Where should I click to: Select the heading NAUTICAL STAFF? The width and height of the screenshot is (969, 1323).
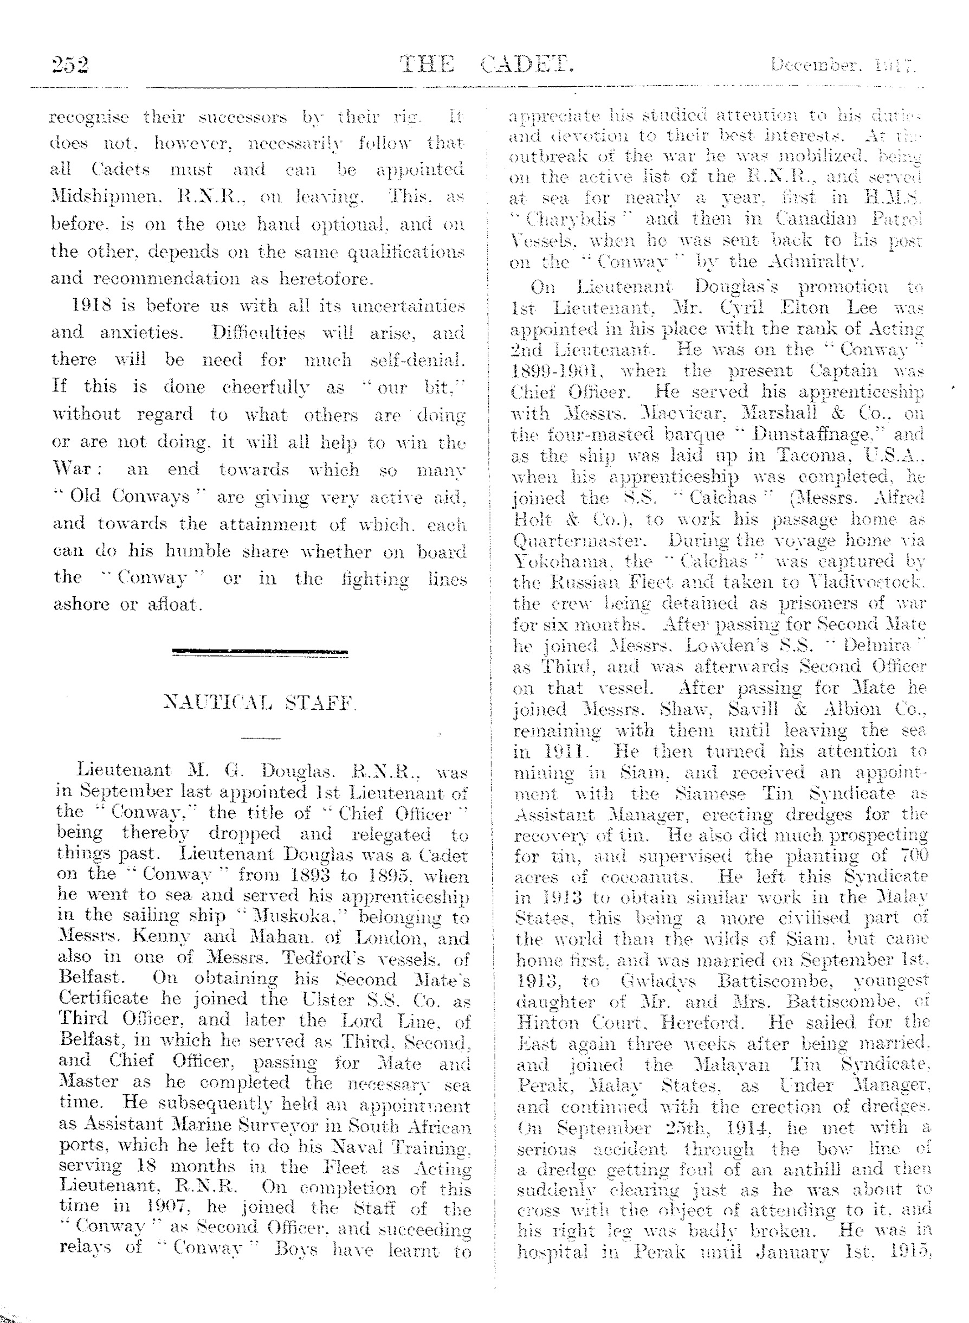click(x=261, y=702)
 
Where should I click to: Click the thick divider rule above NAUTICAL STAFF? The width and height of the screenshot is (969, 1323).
click(x=260, y=651)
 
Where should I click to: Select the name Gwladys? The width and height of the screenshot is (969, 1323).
click(x=657, y=981)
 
